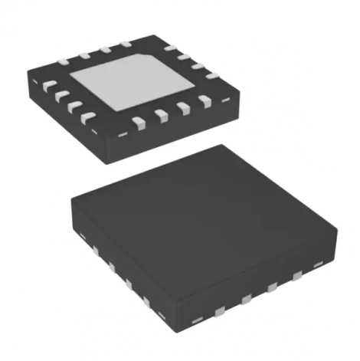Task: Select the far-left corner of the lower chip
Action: click(x=70, y=201)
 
